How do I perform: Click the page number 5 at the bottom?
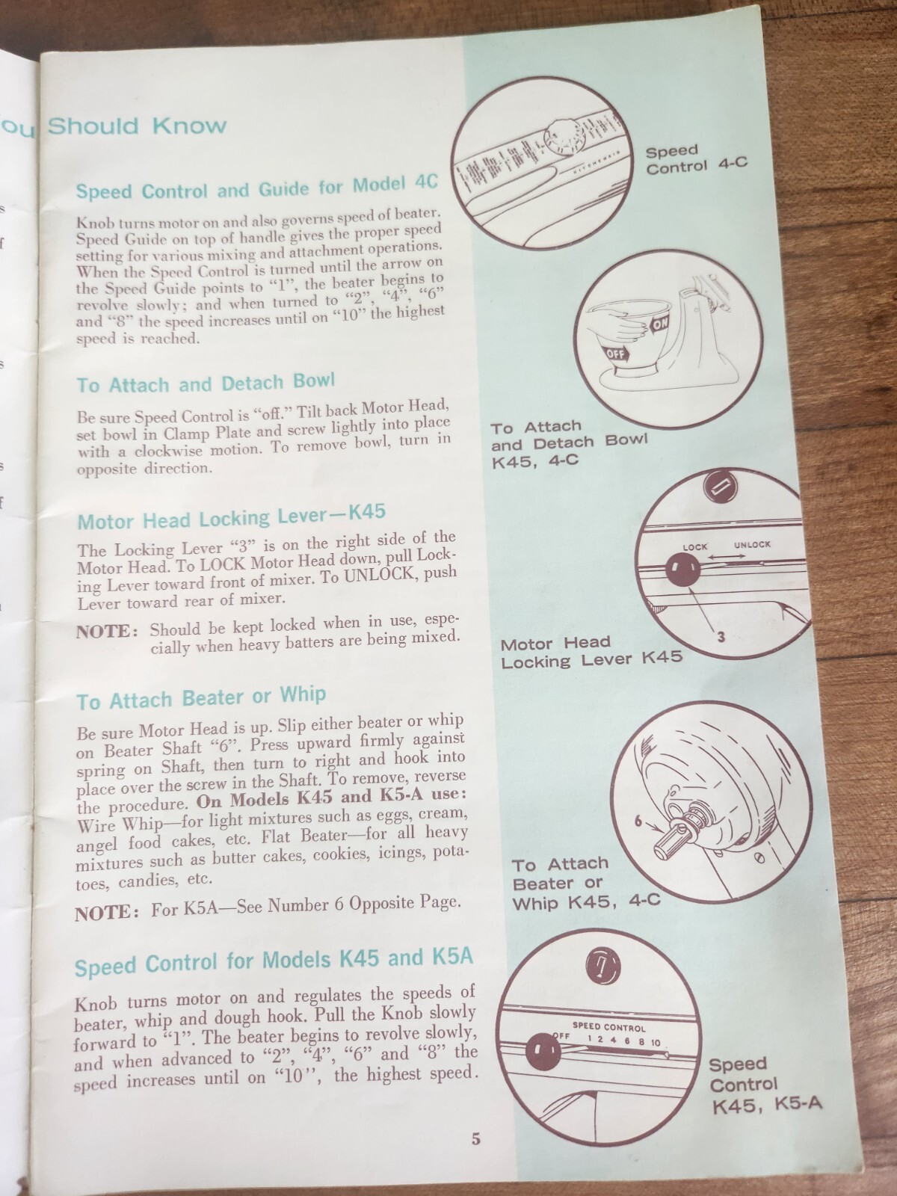point(476,1140)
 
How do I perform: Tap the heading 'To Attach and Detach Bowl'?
point(206,383)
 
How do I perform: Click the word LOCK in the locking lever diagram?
point(694,546)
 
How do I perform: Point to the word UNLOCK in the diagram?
point(751,544)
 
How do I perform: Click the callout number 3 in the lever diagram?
point(721,638)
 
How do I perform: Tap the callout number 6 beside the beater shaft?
point(638,821)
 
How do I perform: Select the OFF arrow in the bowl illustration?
point(616,354)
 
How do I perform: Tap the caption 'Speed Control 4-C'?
point(696,158)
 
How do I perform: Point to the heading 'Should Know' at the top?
point(137,126)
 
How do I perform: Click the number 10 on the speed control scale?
point(656,1042)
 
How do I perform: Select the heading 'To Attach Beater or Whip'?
point(201,698)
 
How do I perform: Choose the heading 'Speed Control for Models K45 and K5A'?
point(274,962)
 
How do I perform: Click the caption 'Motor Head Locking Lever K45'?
point(591,652)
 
